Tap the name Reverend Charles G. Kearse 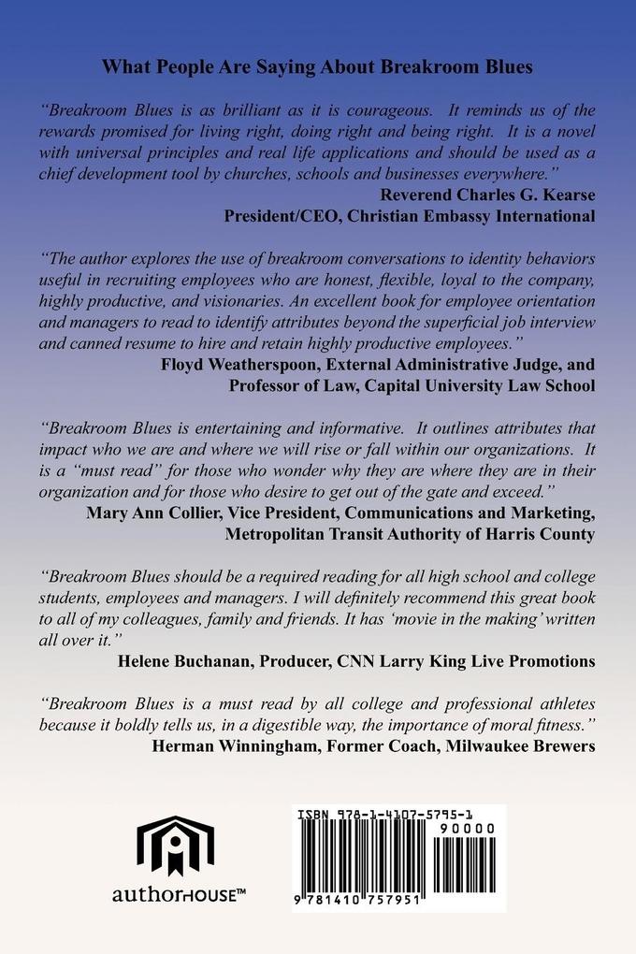(488, 195)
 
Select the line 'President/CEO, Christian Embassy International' (411, 217)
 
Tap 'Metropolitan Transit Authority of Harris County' (411, 534)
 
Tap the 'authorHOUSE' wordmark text (179, 895)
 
